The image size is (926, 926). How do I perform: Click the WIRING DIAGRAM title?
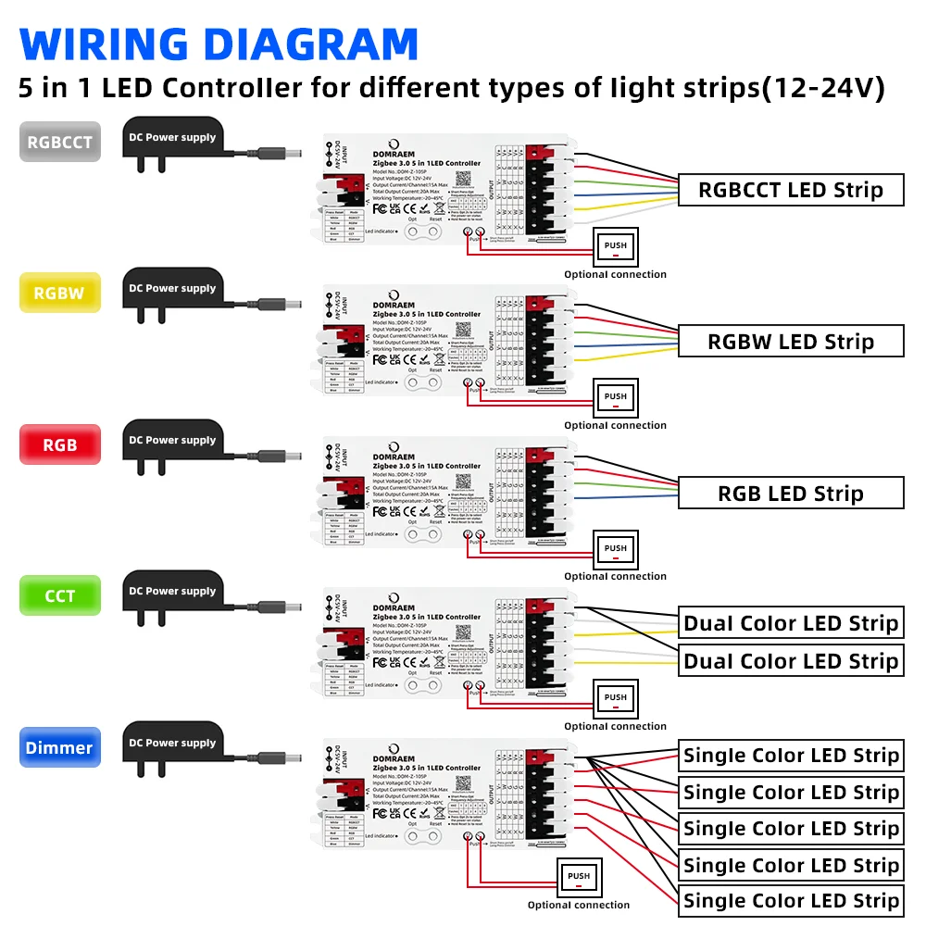pyautogui.click(x=219, y=44)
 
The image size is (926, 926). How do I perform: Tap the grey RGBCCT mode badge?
pyautogui.click(x=59, y=143)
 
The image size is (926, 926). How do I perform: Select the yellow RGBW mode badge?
pyautogui.click(x=59, y=294)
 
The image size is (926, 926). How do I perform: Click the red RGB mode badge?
pyautogui.click(x=59, y=444)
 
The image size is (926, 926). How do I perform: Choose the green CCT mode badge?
pyautogui.click(x=59, y=595)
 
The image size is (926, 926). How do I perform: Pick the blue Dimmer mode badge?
pyautogui.click(x=59, y=747)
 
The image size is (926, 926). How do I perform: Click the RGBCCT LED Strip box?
pyautogui.click(x=790, y=190)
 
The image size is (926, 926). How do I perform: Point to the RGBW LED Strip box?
pyautogui.click(x=790, y=341)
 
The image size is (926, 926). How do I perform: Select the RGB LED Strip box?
pyautogui.click(x=790, y=493)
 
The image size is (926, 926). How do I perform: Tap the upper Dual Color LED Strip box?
pyautogui.click(x=790, y=623)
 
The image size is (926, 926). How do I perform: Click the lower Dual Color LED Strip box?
pyautogui.click(x=790, y=661)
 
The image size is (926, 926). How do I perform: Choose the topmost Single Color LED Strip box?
pyautogui.click(x=790, y=756)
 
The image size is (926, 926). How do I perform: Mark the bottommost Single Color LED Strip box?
pyautogui.click(x=790, y=900)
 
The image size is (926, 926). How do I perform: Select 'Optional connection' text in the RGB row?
pyautogui.click(x=615, y=576)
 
